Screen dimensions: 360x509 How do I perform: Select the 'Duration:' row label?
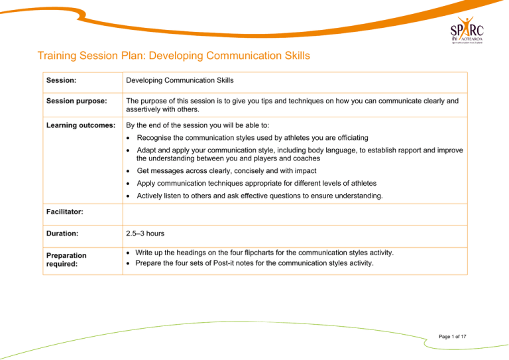pyautogui.click(x=64, y=234)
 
